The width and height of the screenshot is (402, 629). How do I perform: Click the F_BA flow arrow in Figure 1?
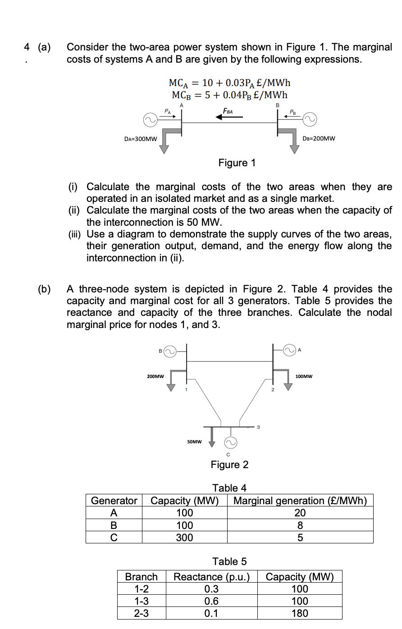tap(229, 117)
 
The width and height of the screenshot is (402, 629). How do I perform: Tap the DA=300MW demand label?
tap(140, 139)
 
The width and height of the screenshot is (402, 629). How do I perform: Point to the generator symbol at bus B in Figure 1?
tap(310, 120)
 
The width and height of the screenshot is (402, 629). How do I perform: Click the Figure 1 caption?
tap(237, 163)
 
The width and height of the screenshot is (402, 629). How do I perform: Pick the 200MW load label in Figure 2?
tap(155, 376)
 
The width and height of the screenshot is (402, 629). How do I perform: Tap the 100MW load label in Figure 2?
tap(304, 376)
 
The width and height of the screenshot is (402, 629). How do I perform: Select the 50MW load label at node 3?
tap(194, 442)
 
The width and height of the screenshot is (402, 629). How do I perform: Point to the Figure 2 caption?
tap(229, 465)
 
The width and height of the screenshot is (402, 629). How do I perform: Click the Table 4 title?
tap(229, 488)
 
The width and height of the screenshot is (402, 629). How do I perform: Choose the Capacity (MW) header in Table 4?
tap(184, 501)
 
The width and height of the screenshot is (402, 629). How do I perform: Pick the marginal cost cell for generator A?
tap(300, 513)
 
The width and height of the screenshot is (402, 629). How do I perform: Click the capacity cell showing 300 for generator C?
tap(184, 537)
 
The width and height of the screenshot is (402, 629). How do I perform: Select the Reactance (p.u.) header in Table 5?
tap(211, 577)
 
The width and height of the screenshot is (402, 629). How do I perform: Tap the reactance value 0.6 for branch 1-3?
tap(211, 601)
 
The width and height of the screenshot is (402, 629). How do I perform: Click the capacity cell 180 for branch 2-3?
tap(300, 613)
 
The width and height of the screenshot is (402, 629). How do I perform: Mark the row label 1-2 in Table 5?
tap(142, 589)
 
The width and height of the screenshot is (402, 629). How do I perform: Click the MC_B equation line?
tap(229, 95)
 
